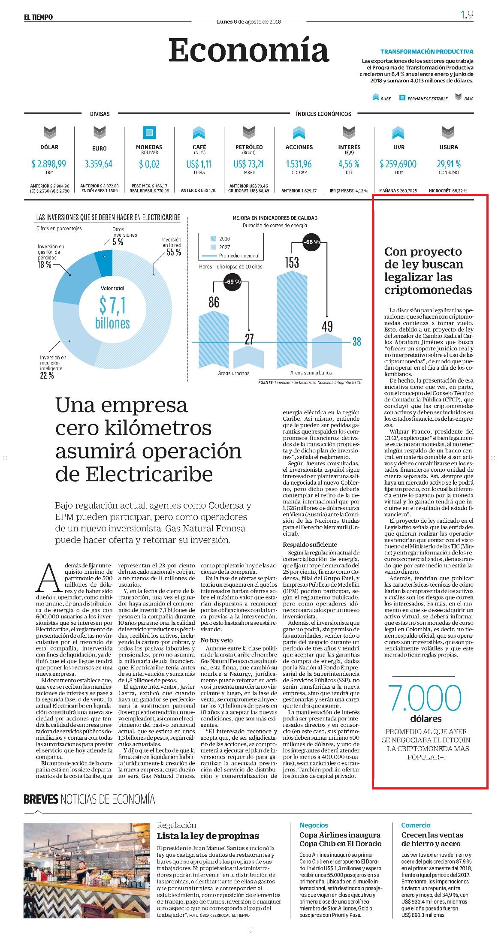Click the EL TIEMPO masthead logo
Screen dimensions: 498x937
(38, 17)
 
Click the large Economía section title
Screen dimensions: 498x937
(248, 51)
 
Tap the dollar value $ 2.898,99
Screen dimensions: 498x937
(49, 164)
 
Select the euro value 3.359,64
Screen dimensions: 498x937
(99, 164)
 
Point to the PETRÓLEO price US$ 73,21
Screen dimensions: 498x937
(249, 164)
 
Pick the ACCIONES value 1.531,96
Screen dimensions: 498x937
(299, 164)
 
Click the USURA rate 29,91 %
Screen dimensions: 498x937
(449, 164)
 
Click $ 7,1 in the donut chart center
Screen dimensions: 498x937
(112, 306)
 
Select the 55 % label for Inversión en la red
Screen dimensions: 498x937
(174, 253)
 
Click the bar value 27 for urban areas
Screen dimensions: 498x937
(249, 339)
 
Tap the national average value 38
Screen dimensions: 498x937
(356, 342)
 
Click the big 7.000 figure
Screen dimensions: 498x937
(425, 698)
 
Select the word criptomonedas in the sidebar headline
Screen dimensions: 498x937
(428, 290)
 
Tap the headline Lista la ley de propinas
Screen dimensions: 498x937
(208, 836)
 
